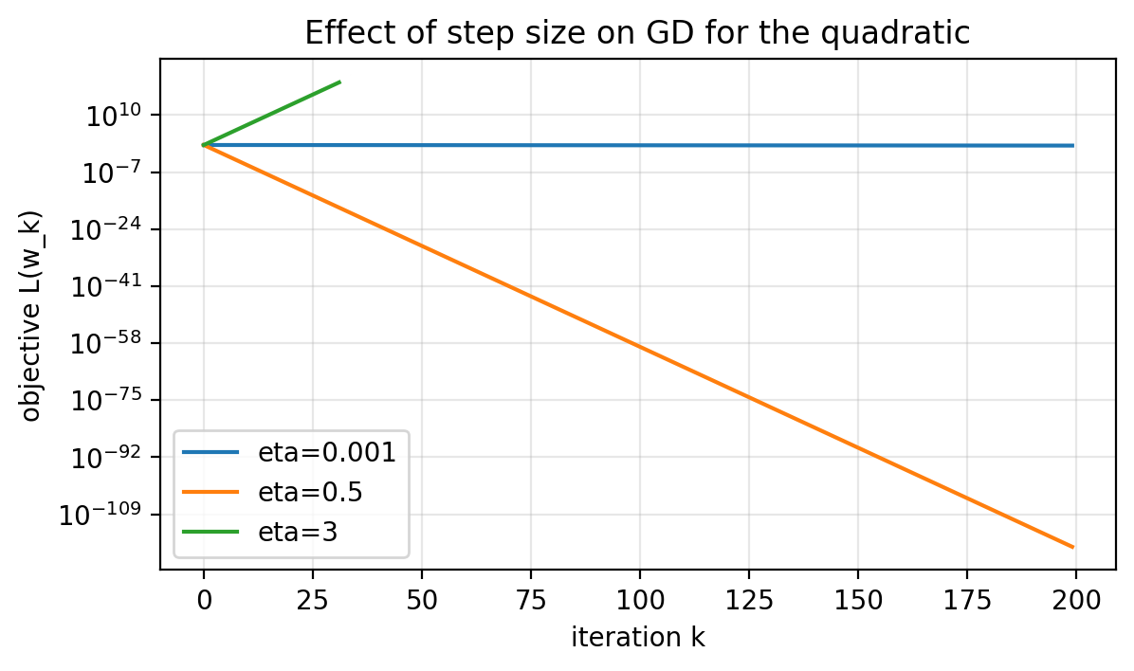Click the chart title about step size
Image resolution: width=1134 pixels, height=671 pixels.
(637, 33)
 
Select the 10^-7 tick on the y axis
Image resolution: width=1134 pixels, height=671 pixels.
(112, 174)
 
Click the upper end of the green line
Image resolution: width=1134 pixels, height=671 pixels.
(339, 82)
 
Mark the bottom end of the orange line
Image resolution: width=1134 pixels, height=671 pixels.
(1073, 547)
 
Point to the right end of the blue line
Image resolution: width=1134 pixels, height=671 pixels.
(1073, 146)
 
